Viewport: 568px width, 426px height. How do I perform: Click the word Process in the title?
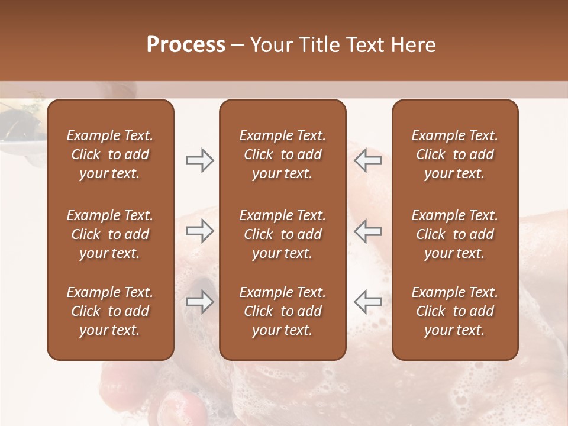[x=186, y=45]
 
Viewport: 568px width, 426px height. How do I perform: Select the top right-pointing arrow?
[x=199, y=160]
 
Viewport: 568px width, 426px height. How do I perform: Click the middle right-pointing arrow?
[x=199, y=231]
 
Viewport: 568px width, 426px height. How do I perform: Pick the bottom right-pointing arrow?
[x=199, y=302]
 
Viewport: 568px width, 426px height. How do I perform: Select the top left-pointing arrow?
[x=367, y=160]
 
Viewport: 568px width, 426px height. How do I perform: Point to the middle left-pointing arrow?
[x=367, y=231]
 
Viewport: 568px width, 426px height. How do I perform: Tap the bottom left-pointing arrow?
[x=367, y=302]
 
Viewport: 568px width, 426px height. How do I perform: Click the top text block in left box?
[x=110, y=154]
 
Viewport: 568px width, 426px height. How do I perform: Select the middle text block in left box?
[x=110, y=234]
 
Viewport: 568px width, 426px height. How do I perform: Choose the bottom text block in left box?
[x=110, y=311]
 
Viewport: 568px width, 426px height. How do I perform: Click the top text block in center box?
[x=282, y=154]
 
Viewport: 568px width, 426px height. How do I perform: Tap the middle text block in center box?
[x=282, y=234]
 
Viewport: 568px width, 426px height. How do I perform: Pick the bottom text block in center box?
[x=282, y=311]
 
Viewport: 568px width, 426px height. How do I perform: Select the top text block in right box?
[x=454, y=154]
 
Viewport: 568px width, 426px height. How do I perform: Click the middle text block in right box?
[x=454, y=234]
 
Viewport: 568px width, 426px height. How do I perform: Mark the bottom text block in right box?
[x=454, y=311]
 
